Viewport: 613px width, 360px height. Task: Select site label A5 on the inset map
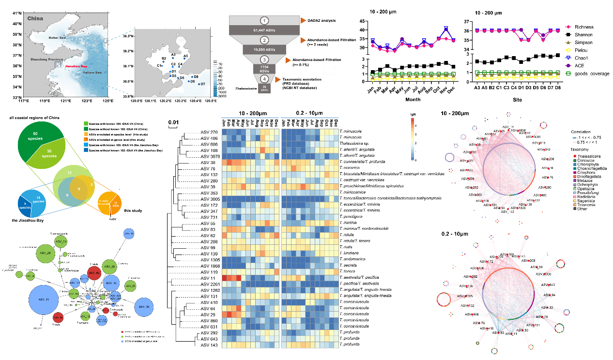point(186,56)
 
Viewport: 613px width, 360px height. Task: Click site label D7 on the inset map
point(203,84)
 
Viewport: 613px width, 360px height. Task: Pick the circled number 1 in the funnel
point(264,21)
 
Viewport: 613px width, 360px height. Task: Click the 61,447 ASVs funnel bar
point(264,30)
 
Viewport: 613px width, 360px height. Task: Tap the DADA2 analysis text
point(322,21)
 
